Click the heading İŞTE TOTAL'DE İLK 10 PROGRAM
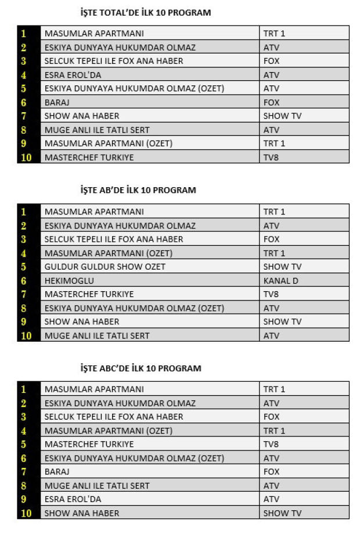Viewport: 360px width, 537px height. (145, 12)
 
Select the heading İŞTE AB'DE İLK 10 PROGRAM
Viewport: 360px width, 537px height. (138, 190)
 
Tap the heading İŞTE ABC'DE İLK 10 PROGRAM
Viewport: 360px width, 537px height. (141, 368)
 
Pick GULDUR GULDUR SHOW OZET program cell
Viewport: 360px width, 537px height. (105, 267)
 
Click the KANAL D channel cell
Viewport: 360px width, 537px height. (280, 281)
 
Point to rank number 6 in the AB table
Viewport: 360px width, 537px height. (24, 281)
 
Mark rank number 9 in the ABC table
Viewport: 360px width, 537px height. (24, 499)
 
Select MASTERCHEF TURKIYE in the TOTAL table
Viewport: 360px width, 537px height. (89, 157)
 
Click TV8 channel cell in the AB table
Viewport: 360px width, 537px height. (271, 294)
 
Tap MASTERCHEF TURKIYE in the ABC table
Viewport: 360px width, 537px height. (89, 445)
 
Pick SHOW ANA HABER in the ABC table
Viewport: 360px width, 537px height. (82, 513)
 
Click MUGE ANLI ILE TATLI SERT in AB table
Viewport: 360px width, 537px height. (97, 335)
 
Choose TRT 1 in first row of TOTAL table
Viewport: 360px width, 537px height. (274, 34)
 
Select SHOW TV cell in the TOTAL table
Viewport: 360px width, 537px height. (282, 116)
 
